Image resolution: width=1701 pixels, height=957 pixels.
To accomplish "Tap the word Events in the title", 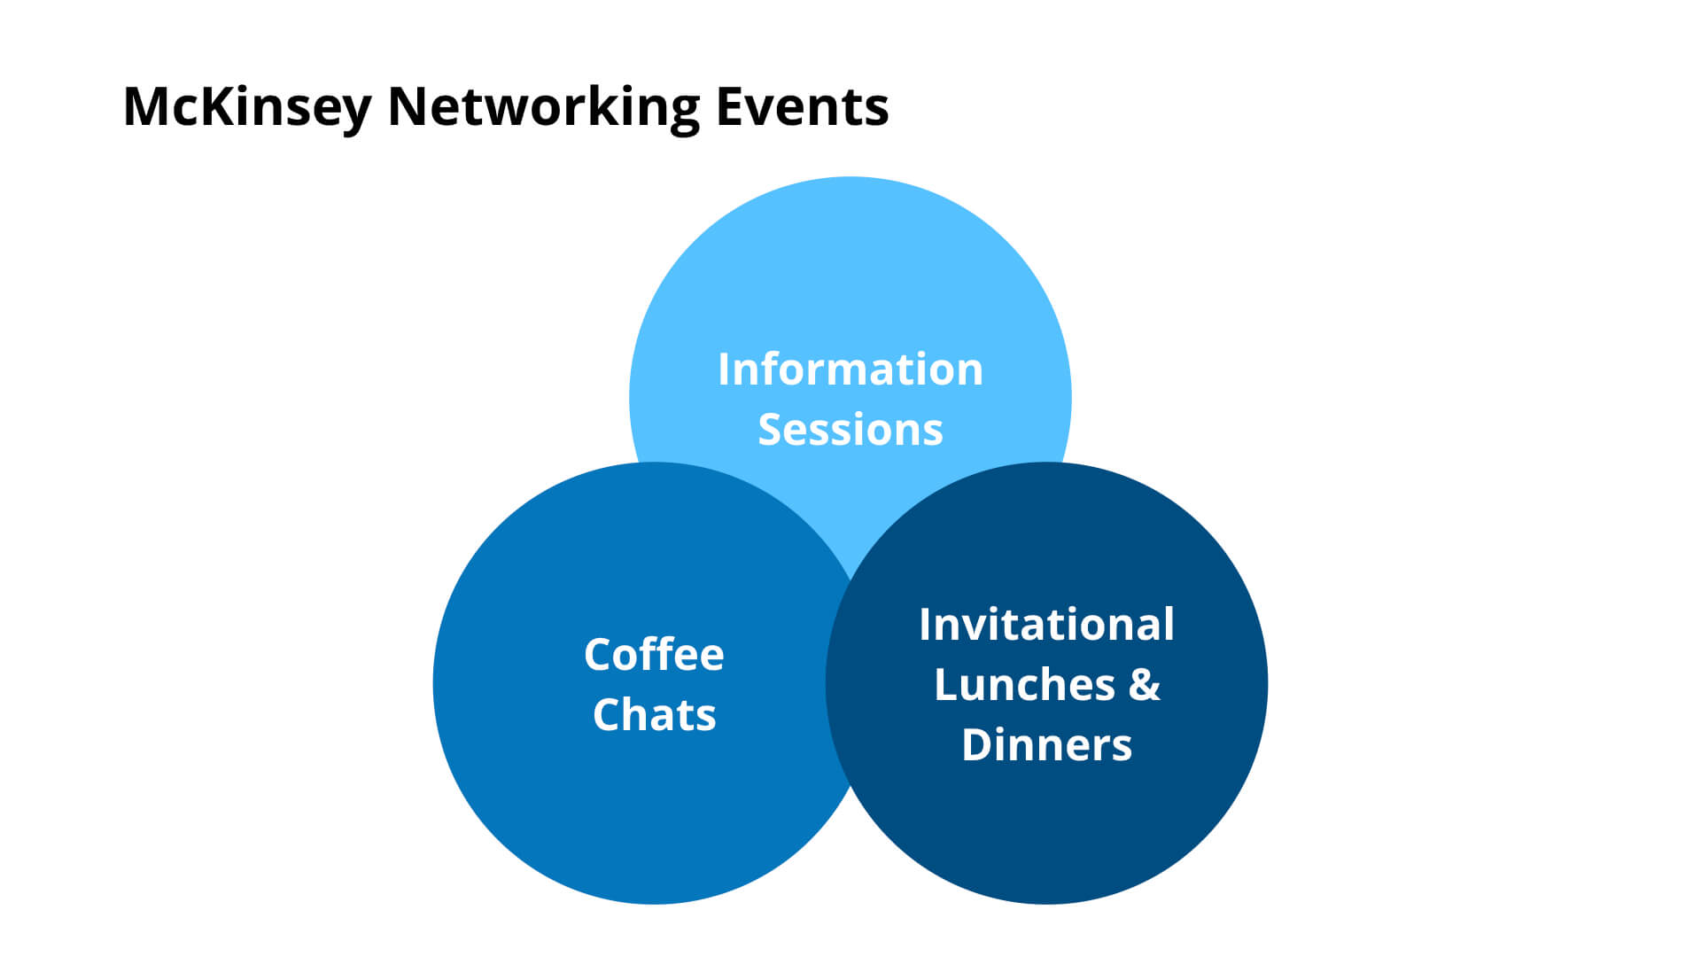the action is coord(802,107).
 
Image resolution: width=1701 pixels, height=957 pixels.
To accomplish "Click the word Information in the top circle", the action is coord(850,369).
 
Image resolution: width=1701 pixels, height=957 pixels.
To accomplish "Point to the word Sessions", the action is coord(850,430).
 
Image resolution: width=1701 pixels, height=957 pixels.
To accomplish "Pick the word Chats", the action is coord(654,714).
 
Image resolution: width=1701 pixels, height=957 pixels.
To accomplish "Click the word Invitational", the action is coord(1046,624).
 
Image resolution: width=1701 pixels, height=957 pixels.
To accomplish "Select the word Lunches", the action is coord(1024,685).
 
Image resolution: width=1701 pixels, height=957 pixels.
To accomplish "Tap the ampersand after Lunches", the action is coord(1144,685).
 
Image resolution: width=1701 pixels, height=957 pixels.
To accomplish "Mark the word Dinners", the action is coord(1046,745).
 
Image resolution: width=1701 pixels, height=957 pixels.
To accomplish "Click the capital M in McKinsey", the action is coord(145,107).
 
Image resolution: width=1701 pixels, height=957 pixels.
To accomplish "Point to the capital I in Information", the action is coord(725,369).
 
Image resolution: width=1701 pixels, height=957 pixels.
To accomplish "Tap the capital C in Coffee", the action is coord(600,655).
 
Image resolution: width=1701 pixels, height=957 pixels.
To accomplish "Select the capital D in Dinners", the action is coord(978,745).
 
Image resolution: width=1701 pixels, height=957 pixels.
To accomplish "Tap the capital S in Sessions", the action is coord(772,430).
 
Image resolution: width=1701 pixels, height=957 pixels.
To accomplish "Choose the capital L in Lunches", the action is coord(947,685).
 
